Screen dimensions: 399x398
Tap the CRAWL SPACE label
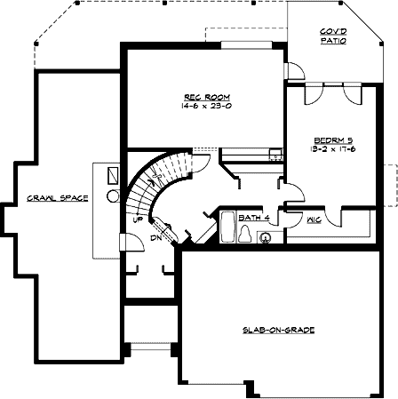[x=57, y=197]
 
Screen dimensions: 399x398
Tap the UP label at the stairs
[x=138, y=218]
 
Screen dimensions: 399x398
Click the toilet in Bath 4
[x=245, y=234]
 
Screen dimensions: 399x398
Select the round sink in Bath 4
[x=264, y=237]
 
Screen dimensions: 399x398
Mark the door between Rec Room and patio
[x=288, y=71]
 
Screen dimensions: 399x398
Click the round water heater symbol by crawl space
[x=113, y=195]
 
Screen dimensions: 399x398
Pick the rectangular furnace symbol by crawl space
[x=114, y=175]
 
